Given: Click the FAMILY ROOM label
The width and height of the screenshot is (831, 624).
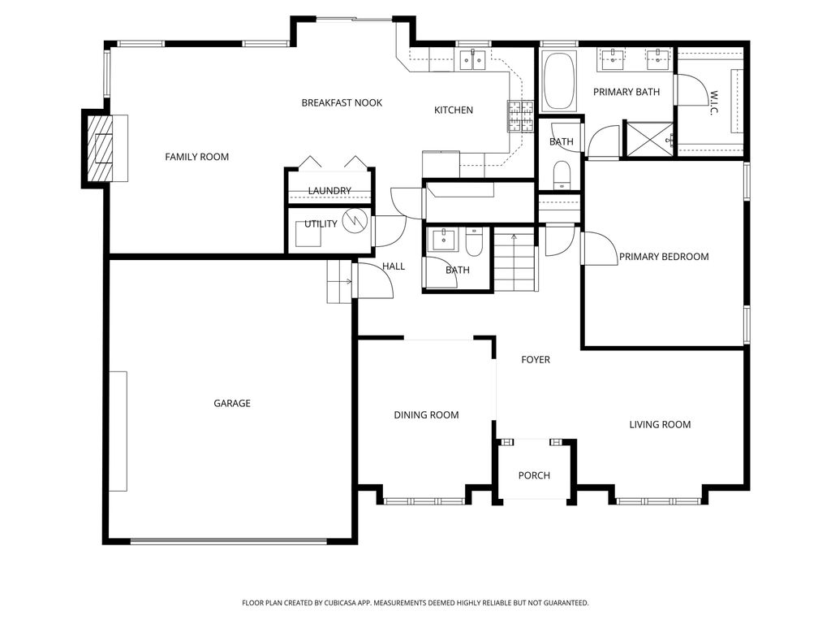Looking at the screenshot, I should [x=196, y=157].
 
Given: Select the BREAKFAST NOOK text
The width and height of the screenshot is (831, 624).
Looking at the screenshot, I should [x=342, y=102].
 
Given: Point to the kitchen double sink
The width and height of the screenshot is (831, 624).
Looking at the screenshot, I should [x=471, y=58].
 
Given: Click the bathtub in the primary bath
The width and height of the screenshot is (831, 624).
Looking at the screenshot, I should [x=558, y=81].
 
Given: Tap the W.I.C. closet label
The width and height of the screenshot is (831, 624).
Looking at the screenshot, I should [x=713, y=102].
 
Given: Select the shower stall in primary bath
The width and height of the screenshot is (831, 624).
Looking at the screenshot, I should [x=648, y=138].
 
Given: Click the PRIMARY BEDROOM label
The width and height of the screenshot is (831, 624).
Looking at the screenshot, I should [x=663, y=257].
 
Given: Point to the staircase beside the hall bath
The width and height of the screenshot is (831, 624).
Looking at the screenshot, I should [x=516, y=262].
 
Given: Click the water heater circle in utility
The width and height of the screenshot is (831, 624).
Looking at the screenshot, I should [x=354, y=221].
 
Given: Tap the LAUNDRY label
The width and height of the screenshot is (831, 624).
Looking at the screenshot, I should [x=329, y=191].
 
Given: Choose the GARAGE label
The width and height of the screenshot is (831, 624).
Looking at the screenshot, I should [x=232, y=403].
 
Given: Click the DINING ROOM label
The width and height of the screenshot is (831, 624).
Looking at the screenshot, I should [x=426, y=415].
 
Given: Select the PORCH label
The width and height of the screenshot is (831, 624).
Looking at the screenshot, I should [x=534, y=475].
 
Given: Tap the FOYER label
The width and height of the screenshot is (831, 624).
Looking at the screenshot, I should [x=536, y=359].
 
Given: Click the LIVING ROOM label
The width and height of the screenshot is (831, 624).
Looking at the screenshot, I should [x=660, y=424].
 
